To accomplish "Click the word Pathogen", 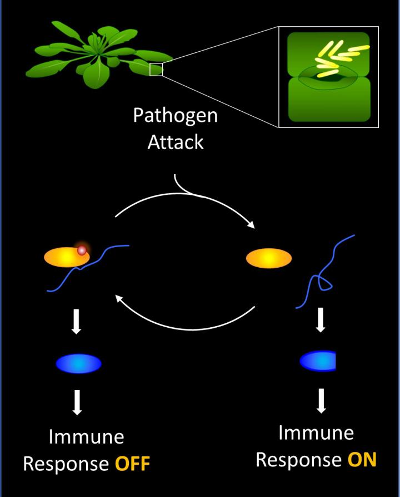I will [175, 116].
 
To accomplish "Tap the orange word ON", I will [362, 460].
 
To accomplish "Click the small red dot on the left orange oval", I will [82, 250].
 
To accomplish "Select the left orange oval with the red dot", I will [64, 257].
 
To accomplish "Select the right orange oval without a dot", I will [269, 258].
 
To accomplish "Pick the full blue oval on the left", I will [78, 364].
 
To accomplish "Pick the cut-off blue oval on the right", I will [318, 361].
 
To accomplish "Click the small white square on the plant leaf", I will [156, 70].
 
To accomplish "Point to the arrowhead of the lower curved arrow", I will [118, 298].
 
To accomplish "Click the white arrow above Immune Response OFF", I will [78, 403].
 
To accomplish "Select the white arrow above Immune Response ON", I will [321, 401].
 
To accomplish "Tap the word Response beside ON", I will [299, 460].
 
